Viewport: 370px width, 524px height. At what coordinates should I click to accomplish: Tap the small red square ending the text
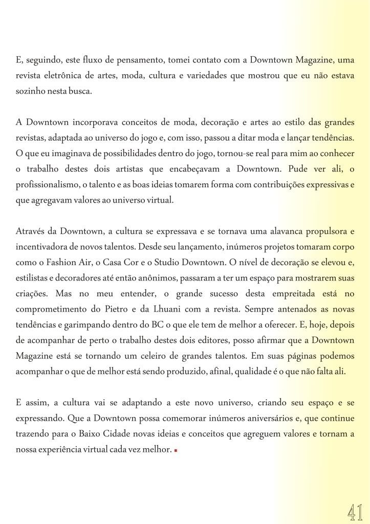pyautogui.click(x=175, y=451)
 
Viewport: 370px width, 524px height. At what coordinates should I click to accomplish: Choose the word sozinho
pyautogui.click(x=29, y=91)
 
